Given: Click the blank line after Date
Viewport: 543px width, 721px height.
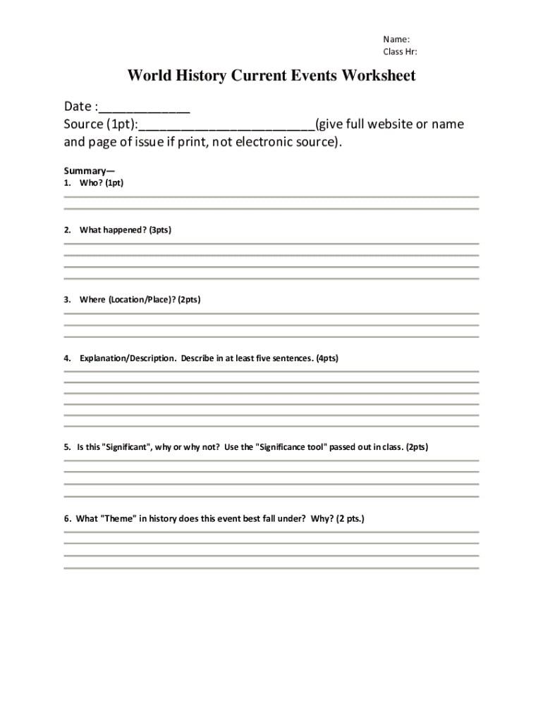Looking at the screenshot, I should [145, 108].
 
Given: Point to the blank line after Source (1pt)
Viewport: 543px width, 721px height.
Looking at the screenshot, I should [226, 125].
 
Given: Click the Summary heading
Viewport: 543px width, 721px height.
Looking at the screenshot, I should [89, 170].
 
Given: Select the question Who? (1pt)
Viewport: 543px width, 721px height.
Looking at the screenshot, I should [102, 182].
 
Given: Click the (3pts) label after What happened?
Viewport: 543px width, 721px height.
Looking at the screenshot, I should [160, 230].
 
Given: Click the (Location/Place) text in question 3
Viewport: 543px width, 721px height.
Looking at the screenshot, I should [140, 299].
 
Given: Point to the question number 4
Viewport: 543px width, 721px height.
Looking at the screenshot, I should [67, 358].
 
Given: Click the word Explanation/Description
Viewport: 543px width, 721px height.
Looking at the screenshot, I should [128, 358].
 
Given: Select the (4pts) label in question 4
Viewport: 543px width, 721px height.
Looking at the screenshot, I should [327, 358].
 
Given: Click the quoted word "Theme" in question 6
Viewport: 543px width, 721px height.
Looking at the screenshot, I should [118, 519].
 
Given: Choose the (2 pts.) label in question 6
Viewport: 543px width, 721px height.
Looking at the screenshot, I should [350, 519].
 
